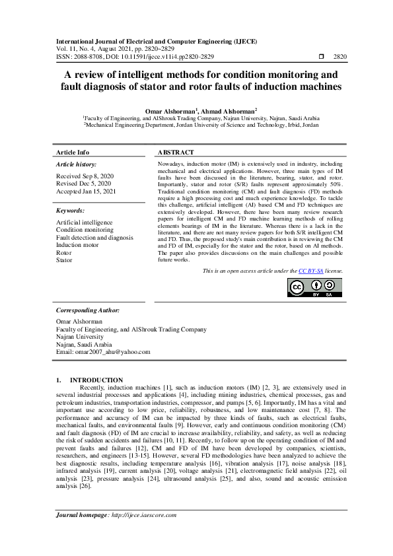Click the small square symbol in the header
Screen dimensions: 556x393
[322, 57]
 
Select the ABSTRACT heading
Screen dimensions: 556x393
[176, 152]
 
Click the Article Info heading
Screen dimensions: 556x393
[72, 152]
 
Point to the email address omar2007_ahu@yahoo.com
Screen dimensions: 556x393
[104, 352]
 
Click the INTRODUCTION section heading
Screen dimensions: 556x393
[96, 380]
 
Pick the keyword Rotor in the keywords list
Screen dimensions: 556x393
[64, 253]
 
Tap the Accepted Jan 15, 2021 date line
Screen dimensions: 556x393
[85, 191]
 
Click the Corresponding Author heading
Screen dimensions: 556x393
[88, 309]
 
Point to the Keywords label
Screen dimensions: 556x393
[71, 211]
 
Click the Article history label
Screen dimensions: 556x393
[76, 164]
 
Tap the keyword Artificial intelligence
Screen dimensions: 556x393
[85, 223]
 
